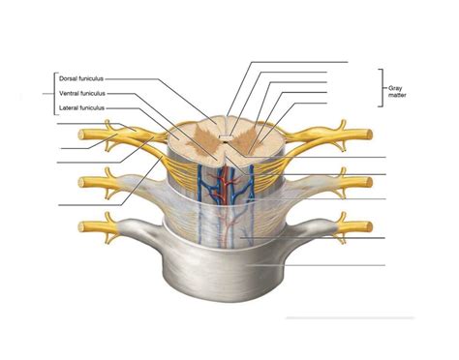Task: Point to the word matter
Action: (x=397, y=96)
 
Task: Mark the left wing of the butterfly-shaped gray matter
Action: (x=201, y=136)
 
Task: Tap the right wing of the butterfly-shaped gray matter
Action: (x=248, y=136)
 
